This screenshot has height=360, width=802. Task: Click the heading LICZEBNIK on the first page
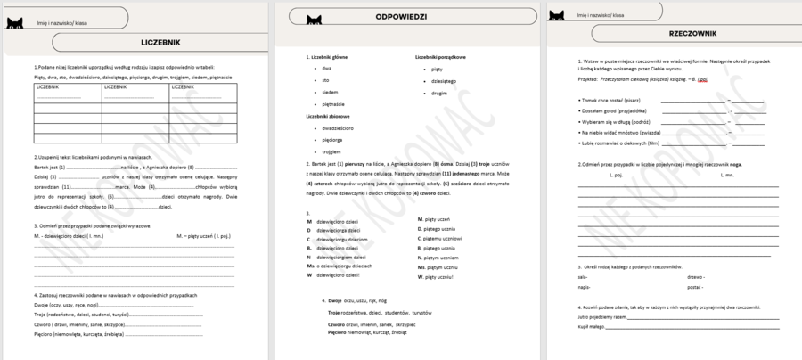tap(160, 42)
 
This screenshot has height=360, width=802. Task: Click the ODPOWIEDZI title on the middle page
tap(400, 17)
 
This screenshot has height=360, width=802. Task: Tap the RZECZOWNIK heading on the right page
tap(692, 33)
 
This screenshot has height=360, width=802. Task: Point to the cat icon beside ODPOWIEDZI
tap(314, 19)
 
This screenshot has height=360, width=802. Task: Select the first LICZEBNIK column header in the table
tap(48, 87)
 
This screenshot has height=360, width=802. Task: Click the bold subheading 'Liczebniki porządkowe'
tap(440, 57)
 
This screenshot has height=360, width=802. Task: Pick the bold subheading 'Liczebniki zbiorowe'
tap(327, 116)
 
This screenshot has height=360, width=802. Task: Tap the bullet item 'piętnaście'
tap(332, 104)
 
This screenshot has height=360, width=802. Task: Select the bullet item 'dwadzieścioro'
tap(340, 128)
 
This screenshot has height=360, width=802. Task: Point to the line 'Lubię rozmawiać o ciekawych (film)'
tap(620, 143)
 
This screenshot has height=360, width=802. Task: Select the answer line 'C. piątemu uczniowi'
tap(439, 239)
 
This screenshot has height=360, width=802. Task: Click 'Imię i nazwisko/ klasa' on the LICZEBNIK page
tap(55, 20)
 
